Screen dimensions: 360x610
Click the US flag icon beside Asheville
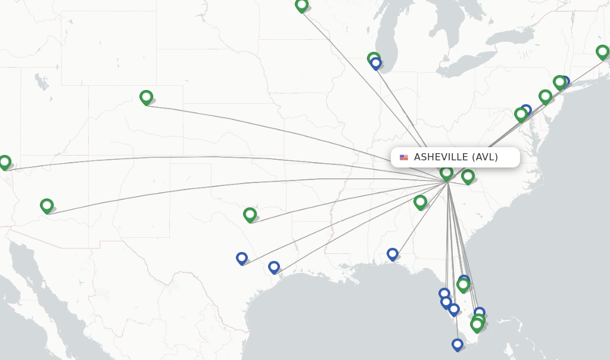pos(404,157)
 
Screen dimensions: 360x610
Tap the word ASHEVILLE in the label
pos(441,157)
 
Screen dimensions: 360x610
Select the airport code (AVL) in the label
pos(485,157)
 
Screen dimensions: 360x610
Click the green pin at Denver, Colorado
pos(146,97)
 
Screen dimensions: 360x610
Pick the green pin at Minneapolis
pos(301,5)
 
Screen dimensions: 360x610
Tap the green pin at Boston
pos(602,52)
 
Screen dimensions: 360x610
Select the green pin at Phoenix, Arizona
pos(46,206)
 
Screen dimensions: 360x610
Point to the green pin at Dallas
pos(250,214)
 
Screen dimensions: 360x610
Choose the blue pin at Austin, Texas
pos(241,258)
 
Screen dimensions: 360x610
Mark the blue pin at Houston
pos(273,267)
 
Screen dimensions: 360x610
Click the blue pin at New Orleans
pos(392,254)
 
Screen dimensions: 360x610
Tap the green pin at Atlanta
pos(420,202)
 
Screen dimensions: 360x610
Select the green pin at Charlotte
pos(468,176)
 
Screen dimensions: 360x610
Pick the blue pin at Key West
pos(457,345)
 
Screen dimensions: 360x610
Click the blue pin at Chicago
pos(376,63)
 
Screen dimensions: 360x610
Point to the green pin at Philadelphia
pos(545,97)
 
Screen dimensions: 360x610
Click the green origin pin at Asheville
pos(446,173)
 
